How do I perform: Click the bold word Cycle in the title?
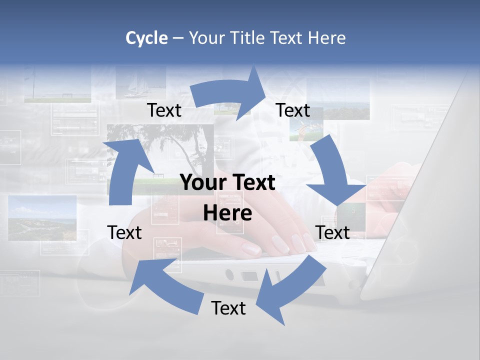click(x=146, y=38)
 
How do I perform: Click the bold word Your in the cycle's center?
click(x=200, y=183)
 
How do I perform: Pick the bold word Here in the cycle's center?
click(x=227, y=213)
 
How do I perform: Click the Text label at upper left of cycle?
click(x=164, y=110)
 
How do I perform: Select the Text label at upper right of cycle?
click(x=293, y=110)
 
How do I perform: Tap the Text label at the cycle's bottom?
click(x=228, y=308)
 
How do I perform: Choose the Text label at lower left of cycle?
click(x=124, y=232)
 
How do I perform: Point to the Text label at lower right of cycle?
click(x=332, y=232)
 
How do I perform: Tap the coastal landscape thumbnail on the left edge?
click(x=42, y=218)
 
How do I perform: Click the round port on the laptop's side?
click(x=229, y=274)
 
